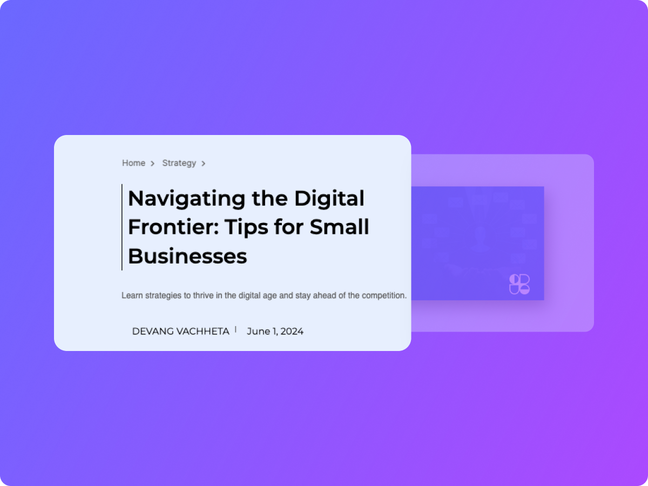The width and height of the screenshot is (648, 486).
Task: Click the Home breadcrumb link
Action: [x=134, y=163]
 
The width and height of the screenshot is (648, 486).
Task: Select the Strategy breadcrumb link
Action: [x=179, y=164]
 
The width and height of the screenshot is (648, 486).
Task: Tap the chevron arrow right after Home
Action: [x=153, y=164]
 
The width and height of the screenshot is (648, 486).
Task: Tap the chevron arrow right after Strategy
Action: [x=204, y=164]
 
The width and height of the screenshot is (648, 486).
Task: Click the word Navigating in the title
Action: [x=187, y=199]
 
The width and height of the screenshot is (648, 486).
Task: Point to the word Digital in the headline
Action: [x=329, y=198]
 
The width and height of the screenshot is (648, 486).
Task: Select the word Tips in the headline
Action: [x=246, y=228]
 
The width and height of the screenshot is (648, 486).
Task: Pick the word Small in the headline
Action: [x=339, y=227]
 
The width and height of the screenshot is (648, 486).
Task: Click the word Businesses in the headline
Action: [x=187, y=256]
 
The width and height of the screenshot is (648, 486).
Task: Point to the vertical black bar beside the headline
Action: [x=122, y=227]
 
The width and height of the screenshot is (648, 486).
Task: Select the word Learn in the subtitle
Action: [x=132, y=295]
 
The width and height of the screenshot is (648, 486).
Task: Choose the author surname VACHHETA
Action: [x=201, y=332]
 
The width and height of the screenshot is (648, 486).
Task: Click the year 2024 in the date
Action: [x=292, y=332]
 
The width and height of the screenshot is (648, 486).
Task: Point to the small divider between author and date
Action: [x=235, y=329]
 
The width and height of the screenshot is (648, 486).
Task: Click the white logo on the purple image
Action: [x=519, y=284]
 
